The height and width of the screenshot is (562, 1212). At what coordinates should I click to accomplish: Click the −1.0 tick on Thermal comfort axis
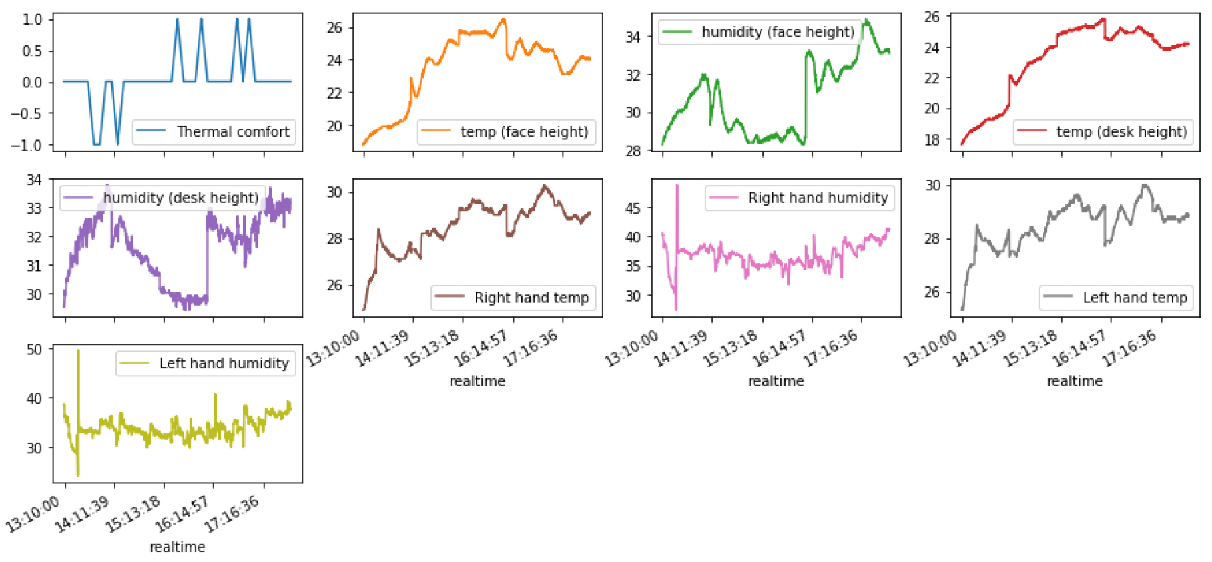[x=26, y=145]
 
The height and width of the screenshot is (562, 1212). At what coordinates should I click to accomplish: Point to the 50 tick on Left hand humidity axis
[x=34, y=349]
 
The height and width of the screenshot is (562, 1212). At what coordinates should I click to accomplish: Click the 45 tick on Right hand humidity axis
[x=632, y=208]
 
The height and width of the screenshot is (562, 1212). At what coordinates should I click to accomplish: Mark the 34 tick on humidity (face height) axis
[x=632, y=37]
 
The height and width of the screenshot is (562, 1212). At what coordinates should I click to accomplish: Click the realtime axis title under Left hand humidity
[x=178, y=547]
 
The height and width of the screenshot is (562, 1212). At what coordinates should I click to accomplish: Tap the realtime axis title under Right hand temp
[x=477, y=382]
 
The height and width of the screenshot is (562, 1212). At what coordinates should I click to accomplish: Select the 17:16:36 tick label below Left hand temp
[x=1131, y=348]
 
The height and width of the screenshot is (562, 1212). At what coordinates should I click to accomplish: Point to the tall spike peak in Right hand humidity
[x=677, y=185]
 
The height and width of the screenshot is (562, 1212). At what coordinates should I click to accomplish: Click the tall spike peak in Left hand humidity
[x=79, y=350]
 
